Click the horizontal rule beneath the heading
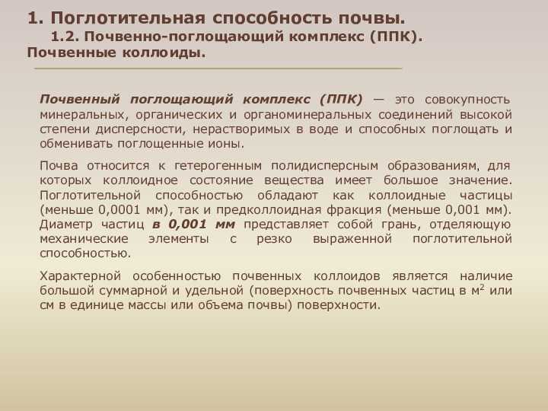[218, 68]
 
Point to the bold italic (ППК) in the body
[341, 100]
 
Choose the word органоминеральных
[307, 115]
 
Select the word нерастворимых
[241, 129]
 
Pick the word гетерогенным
[218, 166]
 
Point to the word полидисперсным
[325, 166]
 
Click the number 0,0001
[117, 210]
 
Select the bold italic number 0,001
[188, 225]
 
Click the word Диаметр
[66, 224]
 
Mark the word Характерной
[81, 276]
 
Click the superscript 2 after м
[483, 288]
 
